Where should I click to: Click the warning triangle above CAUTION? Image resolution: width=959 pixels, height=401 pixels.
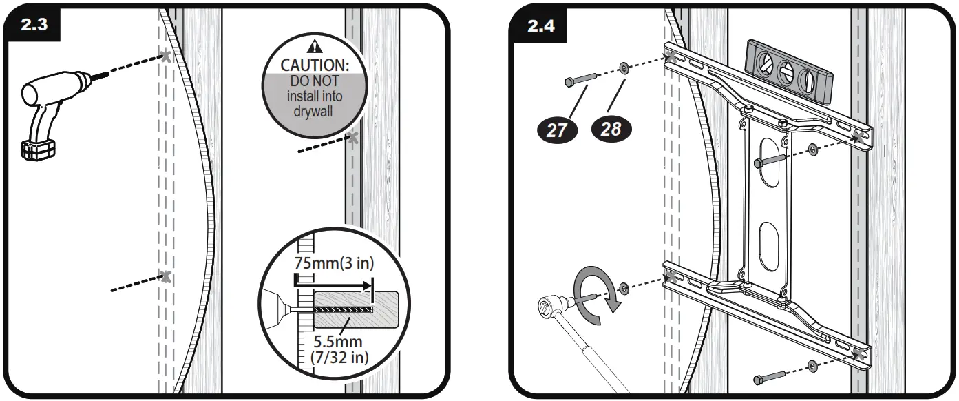coord(315,47)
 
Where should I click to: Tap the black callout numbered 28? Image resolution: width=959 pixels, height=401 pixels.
coord(610,129)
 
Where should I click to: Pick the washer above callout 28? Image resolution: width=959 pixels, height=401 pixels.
coord(623,69)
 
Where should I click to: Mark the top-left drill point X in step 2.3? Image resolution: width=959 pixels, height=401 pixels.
coord(165,56)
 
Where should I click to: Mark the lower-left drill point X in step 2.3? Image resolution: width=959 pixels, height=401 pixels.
coord(165,277)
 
